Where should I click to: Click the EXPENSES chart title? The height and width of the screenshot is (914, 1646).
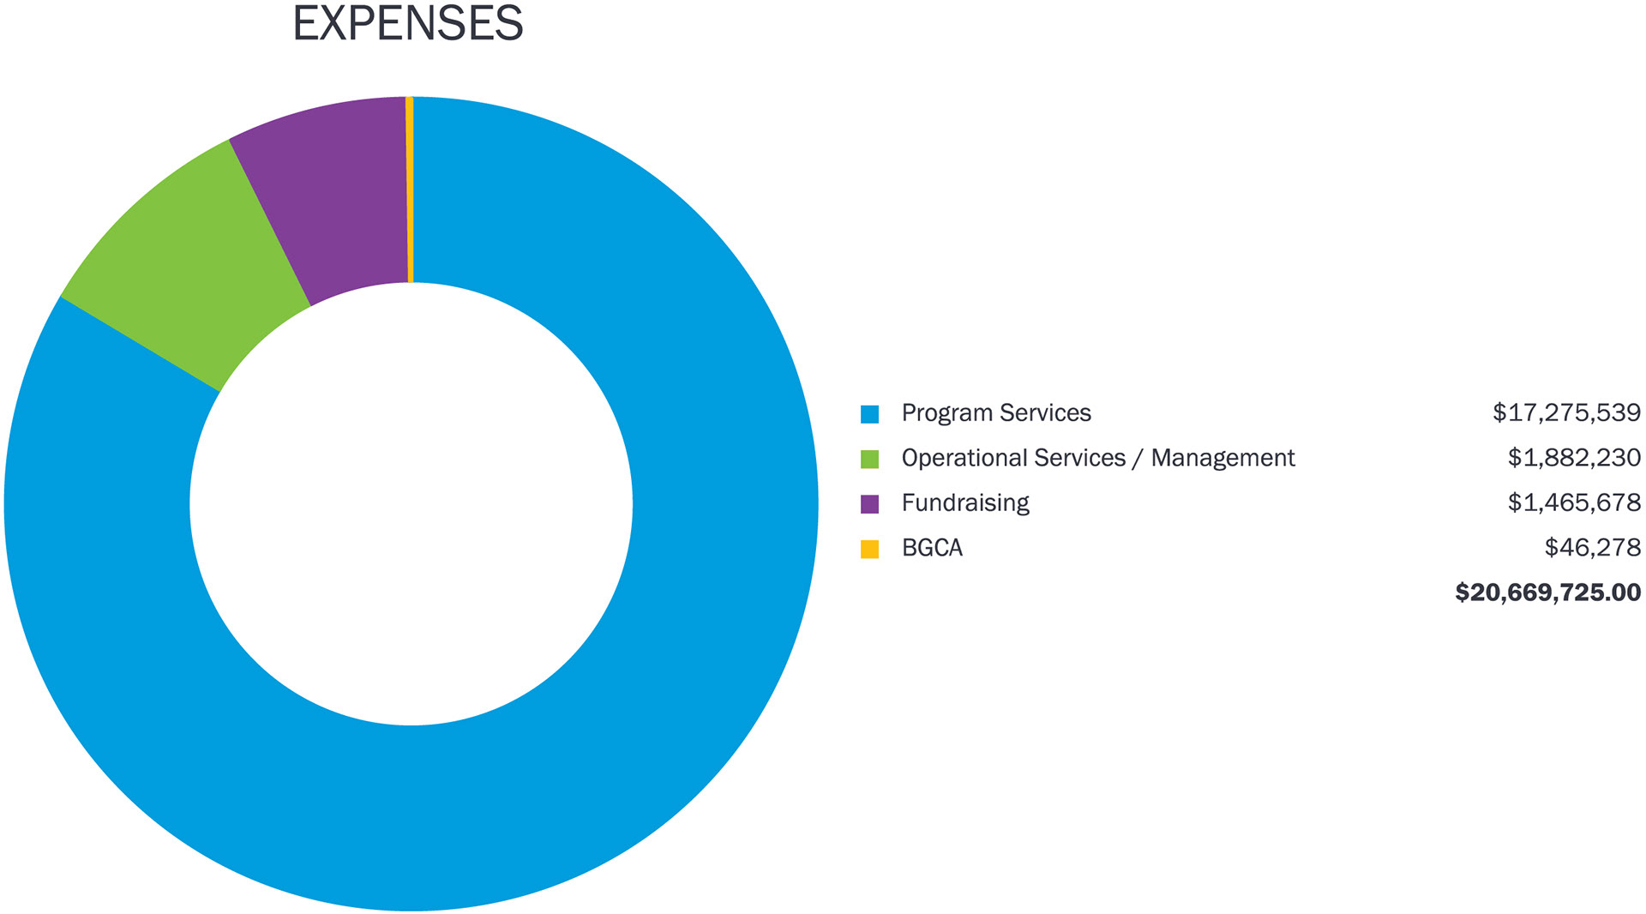pos(407,23)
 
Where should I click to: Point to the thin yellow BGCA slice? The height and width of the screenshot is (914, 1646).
pos(410,189)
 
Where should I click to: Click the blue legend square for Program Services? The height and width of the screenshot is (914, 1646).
pos(869,414)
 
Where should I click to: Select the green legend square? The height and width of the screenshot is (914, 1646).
pos(869,459)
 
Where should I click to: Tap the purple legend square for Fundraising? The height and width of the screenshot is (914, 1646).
pos(869,504)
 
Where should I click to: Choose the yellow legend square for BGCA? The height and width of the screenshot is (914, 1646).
pos(869,549)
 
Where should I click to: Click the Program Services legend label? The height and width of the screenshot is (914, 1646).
pos(995,413)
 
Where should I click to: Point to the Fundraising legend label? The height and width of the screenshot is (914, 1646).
pos(964,503)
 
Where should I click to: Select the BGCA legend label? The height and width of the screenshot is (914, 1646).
pos(932,548)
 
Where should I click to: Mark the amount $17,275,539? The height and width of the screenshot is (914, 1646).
pos(1566,413)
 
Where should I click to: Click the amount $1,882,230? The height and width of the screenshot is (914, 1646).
pos(1574,458)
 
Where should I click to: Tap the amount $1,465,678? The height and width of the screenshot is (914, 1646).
pos(1574,502)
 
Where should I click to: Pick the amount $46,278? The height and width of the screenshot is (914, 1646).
pos(1592,548)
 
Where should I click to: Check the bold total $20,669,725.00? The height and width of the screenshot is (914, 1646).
pos(1547,592)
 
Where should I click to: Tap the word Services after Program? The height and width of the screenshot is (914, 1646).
pos(1044,413)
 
